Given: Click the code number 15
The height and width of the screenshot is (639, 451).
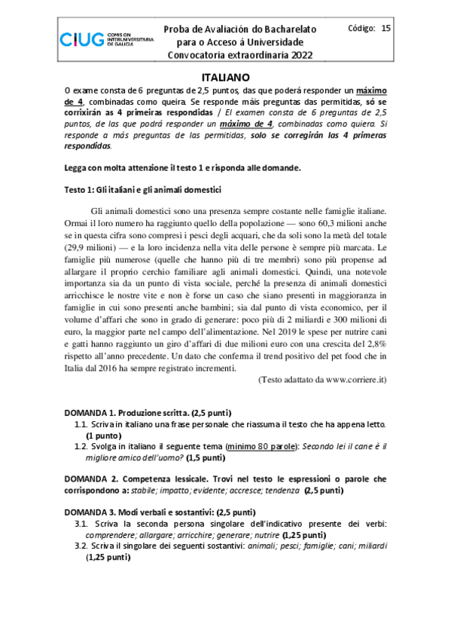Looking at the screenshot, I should tap(386, 29).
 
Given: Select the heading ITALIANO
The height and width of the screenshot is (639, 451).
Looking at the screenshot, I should tap(225, 77).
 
